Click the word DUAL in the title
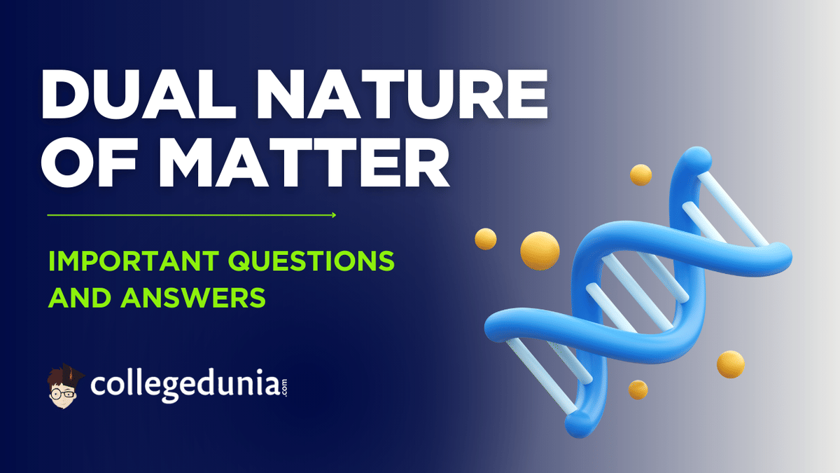click(139, 94)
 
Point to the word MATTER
click(304, 163)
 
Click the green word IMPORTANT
click(134, 261)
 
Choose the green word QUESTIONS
click(311, 261)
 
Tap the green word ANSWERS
click(193, 298)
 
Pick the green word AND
click(80, 298)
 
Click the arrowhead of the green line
click(334, 215)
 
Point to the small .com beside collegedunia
click(284, 388)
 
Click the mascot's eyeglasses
click(62, 394)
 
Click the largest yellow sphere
click(540, 250)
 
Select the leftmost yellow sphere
click(486, 239)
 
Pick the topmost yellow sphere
click(640, 175)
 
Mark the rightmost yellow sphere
click(731, 364)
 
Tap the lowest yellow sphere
click(638, 390)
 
